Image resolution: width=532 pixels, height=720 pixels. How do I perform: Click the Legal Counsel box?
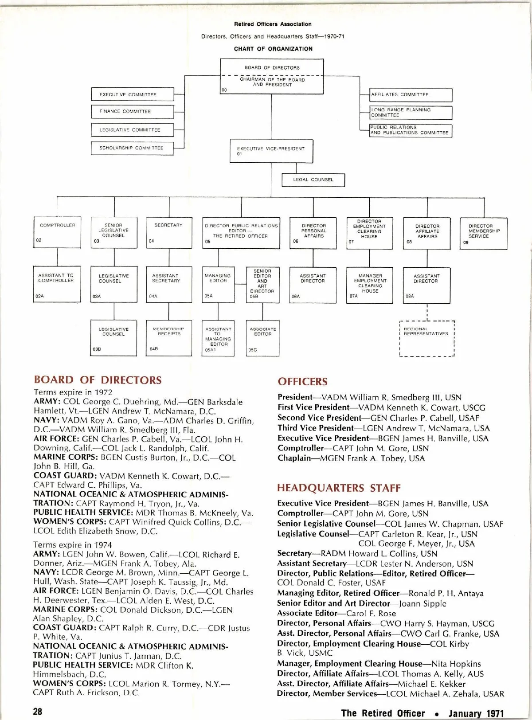point(313,180)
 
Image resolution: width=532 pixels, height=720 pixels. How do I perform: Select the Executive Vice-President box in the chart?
point(271,151)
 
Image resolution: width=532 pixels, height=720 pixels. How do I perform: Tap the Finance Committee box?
point(132,112)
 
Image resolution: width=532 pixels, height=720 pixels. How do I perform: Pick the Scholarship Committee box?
point(132,148)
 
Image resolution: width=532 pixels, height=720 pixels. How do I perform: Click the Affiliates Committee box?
point(411,95)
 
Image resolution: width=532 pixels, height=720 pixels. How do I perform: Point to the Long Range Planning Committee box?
point(411,113)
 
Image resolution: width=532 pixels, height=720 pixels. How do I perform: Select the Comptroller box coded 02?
point(57,232)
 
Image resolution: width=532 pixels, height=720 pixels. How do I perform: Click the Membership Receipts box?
point(169,338)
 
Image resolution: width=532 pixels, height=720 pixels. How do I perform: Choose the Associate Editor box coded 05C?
point(263,338)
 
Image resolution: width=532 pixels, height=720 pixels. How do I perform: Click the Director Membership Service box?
point(484,232)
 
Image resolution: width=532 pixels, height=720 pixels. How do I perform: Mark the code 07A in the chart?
point(353,296)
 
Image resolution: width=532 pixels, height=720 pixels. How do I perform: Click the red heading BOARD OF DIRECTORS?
point(98,380)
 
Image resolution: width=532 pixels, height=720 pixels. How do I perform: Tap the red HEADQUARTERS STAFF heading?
point(339,488)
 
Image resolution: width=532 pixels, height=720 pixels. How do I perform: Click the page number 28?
point(38,711)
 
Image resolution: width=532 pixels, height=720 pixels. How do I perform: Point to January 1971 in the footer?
point(476,713)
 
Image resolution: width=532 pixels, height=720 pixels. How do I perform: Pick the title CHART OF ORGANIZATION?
point(273,49)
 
